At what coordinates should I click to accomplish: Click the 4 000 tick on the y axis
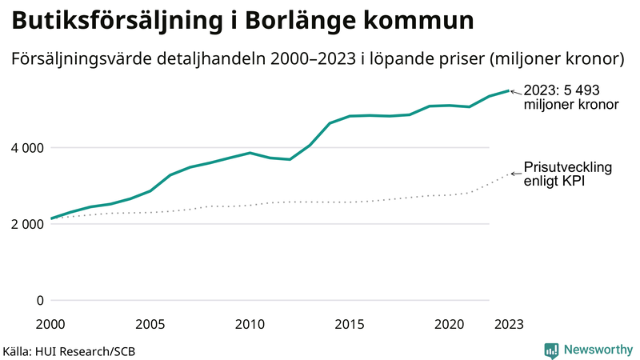[26, 148]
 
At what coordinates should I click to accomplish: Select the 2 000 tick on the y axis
[26, 224]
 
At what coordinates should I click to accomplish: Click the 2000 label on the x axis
[51, 324]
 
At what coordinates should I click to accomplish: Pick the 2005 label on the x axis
[150, 324]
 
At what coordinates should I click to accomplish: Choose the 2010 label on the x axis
[250, 324]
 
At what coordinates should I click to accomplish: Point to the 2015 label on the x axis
[350, 324]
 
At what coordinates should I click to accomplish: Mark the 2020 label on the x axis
[449, 324]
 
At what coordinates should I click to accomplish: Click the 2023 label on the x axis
[509, 324]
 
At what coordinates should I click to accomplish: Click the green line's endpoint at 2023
[509, 90]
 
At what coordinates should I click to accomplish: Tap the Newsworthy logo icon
[551, 350]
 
